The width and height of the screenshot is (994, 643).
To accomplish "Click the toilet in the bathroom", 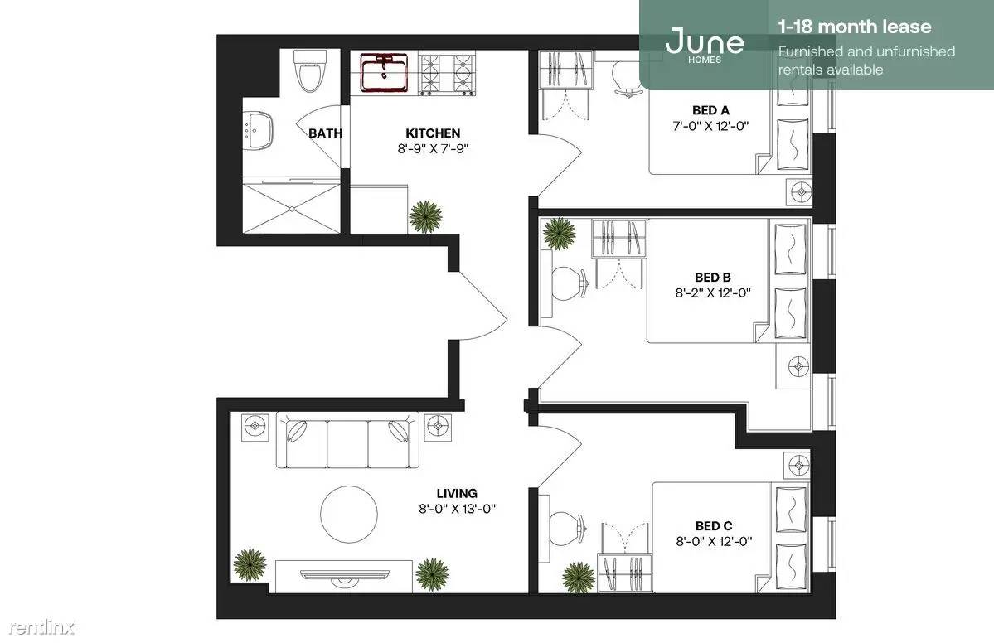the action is click(x=310, y=70).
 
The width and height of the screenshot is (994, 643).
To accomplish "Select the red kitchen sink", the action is click(x=384, y=72).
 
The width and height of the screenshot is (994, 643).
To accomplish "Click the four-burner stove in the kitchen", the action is click(x=449, y=74).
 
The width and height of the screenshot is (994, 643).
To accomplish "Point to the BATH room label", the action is click(x=325, y=133).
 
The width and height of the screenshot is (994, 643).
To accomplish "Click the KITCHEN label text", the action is click(x=433, y=133).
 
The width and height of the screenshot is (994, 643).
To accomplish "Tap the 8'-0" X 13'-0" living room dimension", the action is click(x=457, y=508).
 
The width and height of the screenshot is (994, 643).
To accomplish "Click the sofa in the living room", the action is click(x=347, y=440).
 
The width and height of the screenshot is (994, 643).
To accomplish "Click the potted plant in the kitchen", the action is click(x=424, y=216).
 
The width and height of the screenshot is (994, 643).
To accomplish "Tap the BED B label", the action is click(x=712, y=278).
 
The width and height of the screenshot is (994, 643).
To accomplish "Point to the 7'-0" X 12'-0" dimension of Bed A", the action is click(x=710, y=125).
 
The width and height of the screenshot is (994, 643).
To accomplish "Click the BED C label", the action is click(x=714, y=526).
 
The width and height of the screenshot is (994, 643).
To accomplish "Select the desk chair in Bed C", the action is click(x=566, y=527).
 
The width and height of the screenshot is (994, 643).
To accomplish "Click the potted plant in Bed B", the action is click(x=559, y=233).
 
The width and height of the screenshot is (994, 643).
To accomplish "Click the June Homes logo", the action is click(x=705, y=45).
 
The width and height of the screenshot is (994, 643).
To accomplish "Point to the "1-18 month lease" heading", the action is click(x=855, y=27).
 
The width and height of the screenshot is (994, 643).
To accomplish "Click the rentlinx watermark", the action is click(x=41, y=627).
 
